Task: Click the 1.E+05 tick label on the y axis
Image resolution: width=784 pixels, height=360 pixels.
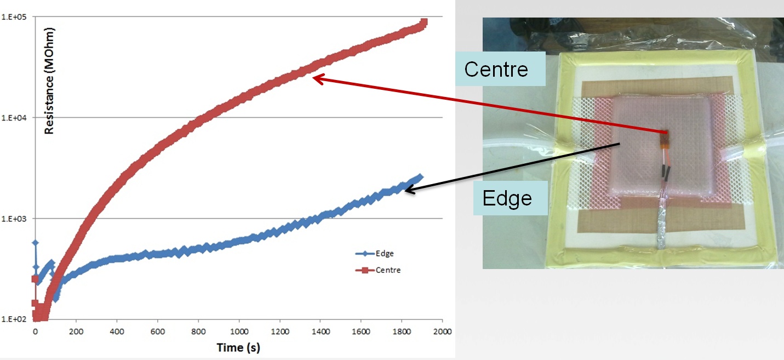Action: tap(14, 17)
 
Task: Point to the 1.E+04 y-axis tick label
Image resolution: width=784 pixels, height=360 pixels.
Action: tap(14, 118)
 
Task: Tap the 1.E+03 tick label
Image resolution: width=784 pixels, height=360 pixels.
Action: tap(14, 219)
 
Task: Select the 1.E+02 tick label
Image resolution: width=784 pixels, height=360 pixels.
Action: tap(14, 319)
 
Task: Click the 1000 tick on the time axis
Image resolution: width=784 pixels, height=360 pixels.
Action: tap(239, 332)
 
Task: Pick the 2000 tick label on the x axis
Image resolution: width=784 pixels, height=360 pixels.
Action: tap(442, 332)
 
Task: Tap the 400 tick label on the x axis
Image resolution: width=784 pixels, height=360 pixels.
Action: tap(117, 332)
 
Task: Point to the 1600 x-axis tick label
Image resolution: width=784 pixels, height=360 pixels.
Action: tap(361, 332)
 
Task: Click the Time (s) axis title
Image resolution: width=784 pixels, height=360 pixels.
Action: tap(238, 347)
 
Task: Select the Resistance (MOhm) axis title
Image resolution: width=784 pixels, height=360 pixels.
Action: tap(49, 81)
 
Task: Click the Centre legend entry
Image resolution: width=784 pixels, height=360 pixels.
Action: tap(378, 270)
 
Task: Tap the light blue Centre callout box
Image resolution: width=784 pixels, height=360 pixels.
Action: tap(501, 69)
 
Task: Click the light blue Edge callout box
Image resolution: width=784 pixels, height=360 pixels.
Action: tap(510, 198)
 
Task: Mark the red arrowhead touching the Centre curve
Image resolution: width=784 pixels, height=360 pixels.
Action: tap(317, 78)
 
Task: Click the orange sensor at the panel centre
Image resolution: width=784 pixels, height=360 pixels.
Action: tap(665, 140)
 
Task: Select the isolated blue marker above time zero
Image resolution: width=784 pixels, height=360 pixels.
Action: tap(36, 243)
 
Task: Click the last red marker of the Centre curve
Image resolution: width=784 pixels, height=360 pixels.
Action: tap(424, 22)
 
